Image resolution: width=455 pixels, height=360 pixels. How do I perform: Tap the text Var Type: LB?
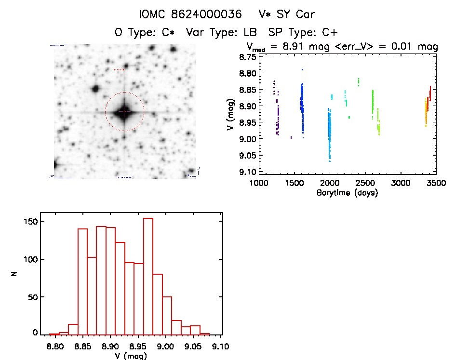pyautogui.click(x=216, y=32)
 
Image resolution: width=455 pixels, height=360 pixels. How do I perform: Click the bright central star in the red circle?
pyautogui.click(x=124, y=112)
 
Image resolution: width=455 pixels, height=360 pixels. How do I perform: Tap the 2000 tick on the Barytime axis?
pyautogui.click(x=330, y=183)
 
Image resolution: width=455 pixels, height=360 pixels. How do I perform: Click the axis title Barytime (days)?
pyautogui.click(x=347, y=193)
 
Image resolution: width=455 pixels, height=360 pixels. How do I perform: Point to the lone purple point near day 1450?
pyautogui.click(x=291, y=137)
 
